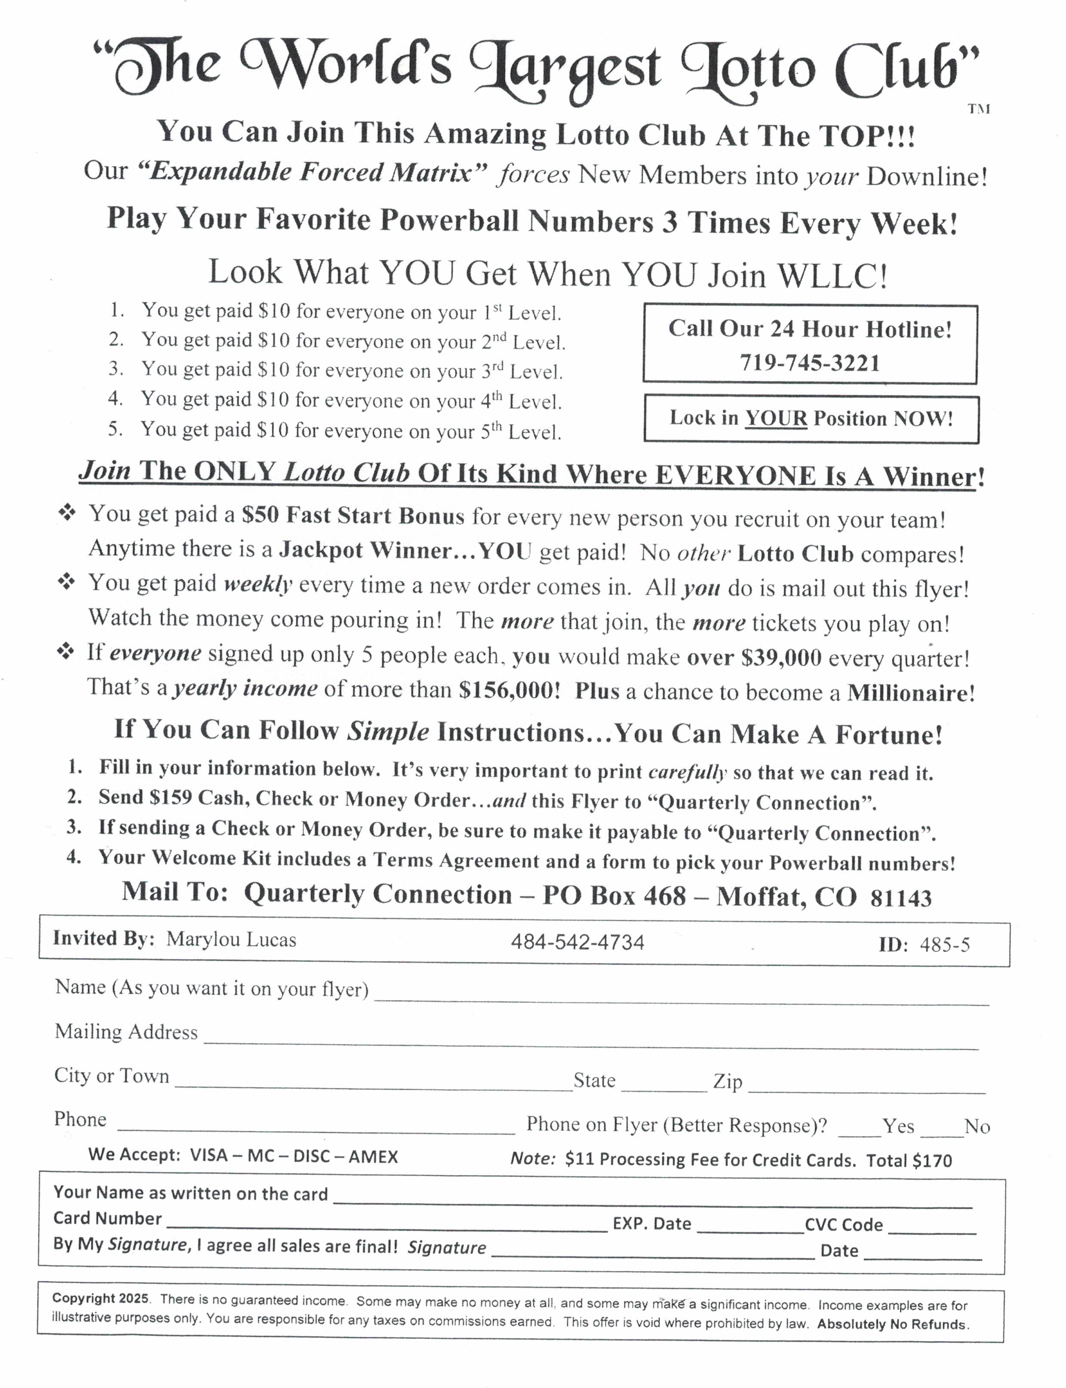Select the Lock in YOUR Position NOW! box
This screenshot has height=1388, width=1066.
point(811,419)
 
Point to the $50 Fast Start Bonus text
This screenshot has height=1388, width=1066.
point(353,516)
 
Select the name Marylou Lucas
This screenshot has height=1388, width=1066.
point(231,940)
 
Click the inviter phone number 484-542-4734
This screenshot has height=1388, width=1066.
point(578,942)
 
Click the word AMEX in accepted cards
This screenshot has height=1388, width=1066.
point(373,1157)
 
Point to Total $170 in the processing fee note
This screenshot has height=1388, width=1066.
point(909,1161)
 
